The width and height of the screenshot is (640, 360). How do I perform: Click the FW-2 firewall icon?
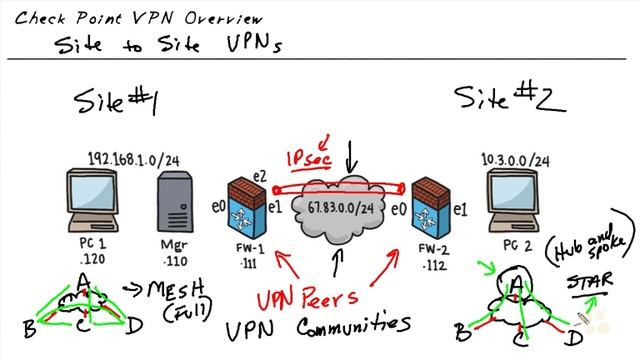pos(428,211)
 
